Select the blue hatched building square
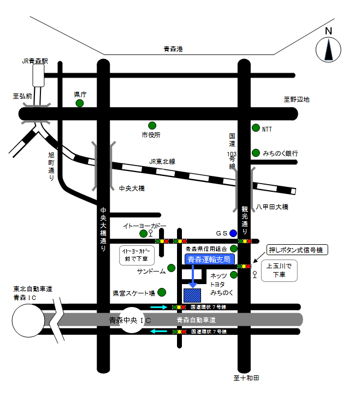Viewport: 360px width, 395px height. (x=192, y=295)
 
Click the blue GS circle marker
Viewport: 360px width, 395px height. (x=233, y=233)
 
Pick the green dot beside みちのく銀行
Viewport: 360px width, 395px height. (x=255, y=152)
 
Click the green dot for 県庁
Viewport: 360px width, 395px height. (x=80, y=103)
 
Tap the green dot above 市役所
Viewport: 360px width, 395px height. (x=152, y=125)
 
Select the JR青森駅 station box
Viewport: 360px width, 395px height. (x=38, y=75)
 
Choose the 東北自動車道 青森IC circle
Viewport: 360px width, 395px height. (x=28, y=320)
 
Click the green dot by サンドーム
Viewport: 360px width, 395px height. (x=171, y=268)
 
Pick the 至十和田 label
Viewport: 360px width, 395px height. (x=246, y=378)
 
